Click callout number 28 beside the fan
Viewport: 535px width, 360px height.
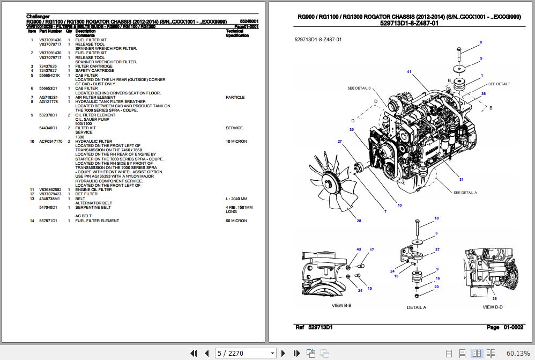click(359, 221)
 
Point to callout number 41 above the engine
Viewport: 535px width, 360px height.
click(408, 71)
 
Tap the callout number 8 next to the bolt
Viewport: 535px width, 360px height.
click(480, 42)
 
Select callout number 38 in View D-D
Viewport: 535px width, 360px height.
click(494, 298)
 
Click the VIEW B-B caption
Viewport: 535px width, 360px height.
click(345, 306)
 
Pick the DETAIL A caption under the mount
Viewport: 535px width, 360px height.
click(417, 307)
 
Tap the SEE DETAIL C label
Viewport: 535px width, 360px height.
click(359, 88)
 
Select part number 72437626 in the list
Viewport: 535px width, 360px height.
click(48, 66)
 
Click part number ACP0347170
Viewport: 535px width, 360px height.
click(51, 141)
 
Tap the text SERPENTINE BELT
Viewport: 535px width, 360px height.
click(93, 207)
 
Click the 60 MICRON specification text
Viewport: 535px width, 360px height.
click(236, 221)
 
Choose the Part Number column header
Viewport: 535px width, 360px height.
click(50, 31)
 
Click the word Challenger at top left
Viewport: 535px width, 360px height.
click(39, 17)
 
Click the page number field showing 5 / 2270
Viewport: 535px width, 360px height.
click(246, 353)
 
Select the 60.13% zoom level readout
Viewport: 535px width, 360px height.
click(518, 353)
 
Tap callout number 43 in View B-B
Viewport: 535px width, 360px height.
click(359, 249)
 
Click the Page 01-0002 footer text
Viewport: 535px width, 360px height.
click(504, 327)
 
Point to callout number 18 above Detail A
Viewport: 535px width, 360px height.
click(436, 218)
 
